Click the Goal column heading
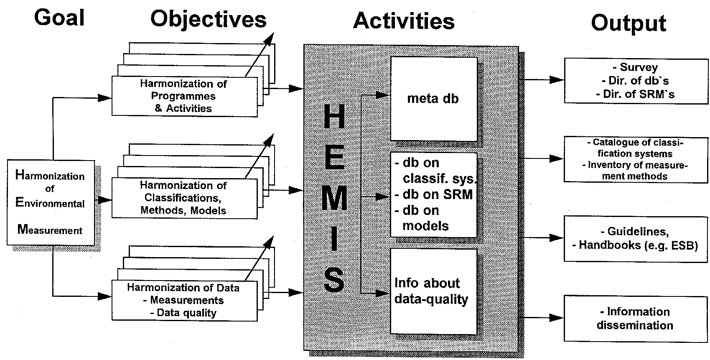(59, 18)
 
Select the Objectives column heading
(208, 19)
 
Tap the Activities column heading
(404, 21)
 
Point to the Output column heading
(628, 23)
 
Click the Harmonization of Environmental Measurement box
(50, 203)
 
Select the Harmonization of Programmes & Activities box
(184, 96)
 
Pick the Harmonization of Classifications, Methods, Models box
(184, 198)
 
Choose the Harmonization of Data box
(184, 300)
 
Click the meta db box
(433, 99)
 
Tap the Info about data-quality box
(433, 291)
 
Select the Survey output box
(636, 81)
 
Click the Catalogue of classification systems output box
(636, 159)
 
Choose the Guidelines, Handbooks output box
(636, 238)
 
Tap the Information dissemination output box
(636, 318)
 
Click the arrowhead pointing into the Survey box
(557, 79)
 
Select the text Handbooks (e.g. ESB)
(639, 245)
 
